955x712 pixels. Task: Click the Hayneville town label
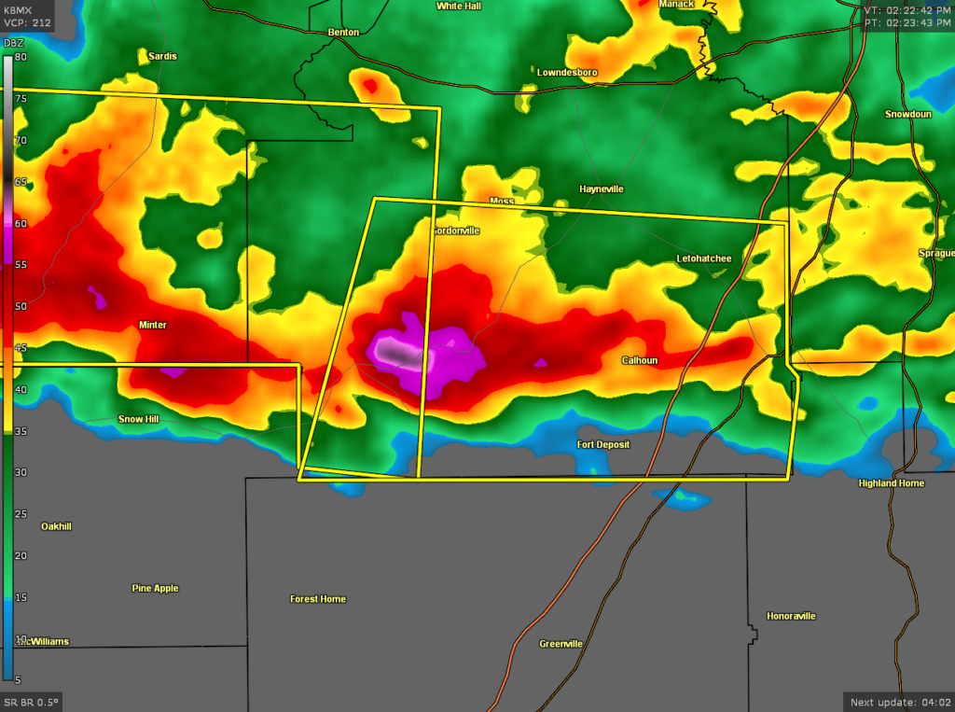pyautogui.click(x=601, y=189)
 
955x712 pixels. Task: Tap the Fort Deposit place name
pyautogui.click(x=602, y=445)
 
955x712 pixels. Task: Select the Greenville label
pyautogui.click(x=561, y=644)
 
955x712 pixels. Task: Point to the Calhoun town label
pyautogui.click(x=640, y=361)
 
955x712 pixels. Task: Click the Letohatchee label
pyautogui.click(x=704, y=258)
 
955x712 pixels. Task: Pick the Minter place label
pyautogui.click(x=152, y=325)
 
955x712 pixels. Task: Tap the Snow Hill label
pyautogui.click(x=138, y=419)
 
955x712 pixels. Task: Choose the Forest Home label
pyautogui.click(x=318, y=599)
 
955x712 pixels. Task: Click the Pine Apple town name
pyautogui.click(x=155, y=589)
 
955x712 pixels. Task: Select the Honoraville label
pyautogui.click(x=791, y=616)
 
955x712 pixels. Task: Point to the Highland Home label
pyautogui.click(x=891, y=483)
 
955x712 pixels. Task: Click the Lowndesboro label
pyautogui.click(x=567, y=72)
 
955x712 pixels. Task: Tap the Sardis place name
pyautogui.click(x=162, y=56)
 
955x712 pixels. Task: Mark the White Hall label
pyautogui.click(x=459, y=6)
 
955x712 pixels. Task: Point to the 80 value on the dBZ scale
pyautogui.click(x=21, y=58)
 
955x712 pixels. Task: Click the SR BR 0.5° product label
pyautogui.click(x=31, y=702)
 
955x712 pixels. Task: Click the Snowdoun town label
pyautogui.click(x=908, y=114)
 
